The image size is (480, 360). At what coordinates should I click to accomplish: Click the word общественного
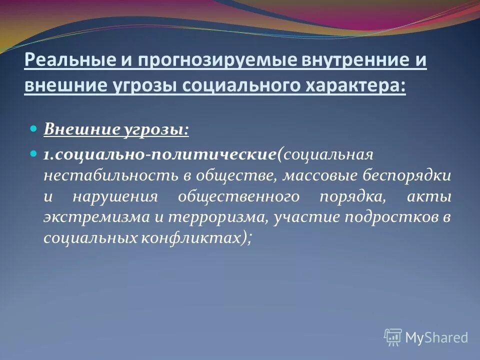click(x=239, y=196)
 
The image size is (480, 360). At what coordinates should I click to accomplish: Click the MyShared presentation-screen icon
click(x=393, y=337)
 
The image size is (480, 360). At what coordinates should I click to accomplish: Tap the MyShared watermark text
click(x=436, y=338)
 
